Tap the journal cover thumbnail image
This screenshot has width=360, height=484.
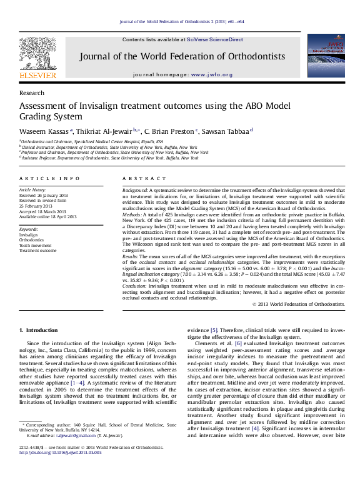[326, 56]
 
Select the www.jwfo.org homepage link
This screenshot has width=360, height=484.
[211, 74]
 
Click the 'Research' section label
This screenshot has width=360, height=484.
[32, 93]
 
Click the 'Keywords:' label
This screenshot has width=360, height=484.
[29, 229]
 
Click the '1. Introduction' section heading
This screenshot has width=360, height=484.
[38, 330]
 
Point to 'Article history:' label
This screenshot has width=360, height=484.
[32, 189]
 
